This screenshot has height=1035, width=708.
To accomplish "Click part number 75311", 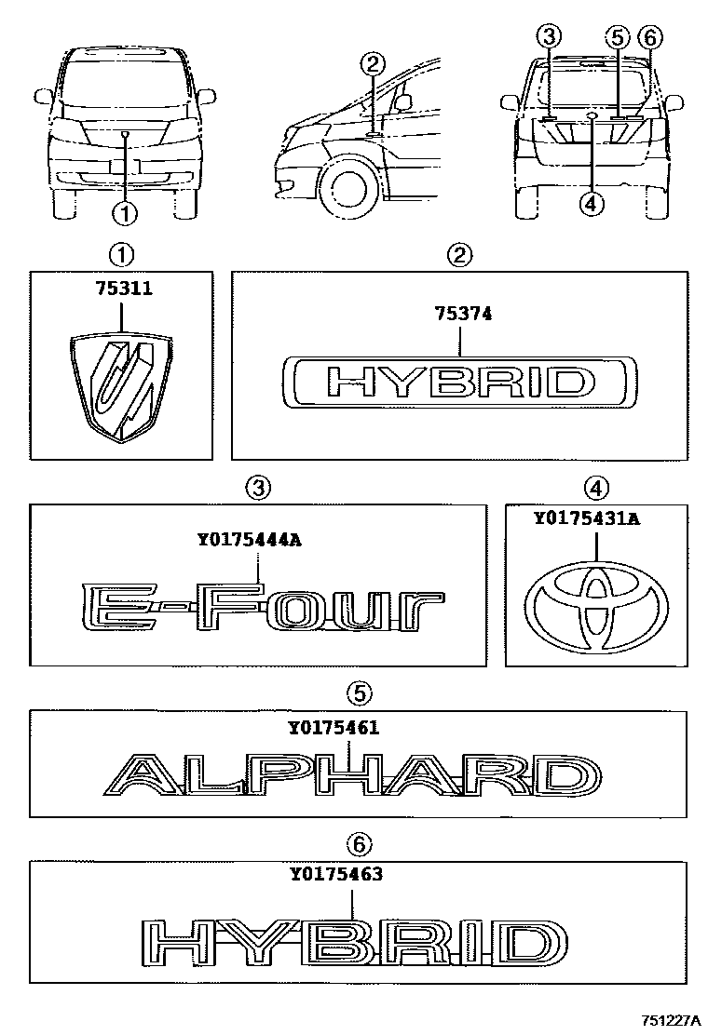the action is pos(121,289).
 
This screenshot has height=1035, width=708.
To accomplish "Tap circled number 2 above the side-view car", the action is pos(372,64).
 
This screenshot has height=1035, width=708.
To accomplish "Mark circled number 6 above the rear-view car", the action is pos(648,38).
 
